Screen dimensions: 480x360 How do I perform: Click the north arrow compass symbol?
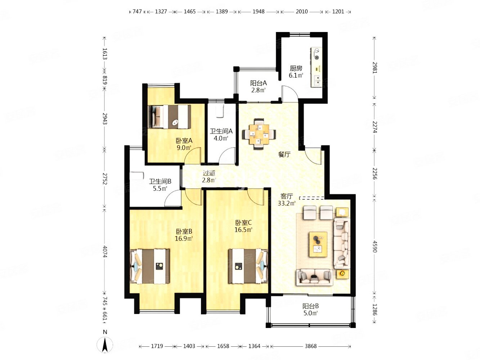[105, 345]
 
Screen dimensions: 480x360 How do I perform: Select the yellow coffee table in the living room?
[318, 244]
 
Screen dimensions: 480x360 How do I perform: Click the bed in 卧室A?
[169, 117]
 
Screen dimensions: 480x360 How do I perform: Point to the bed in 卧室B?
[150, 266]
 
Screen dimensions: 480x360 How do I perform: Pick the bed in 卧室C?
[248, 266]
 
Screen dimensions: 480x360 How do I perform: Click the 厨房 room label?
[296, 68]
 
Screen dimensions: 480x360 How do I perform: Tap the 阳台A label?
[258, 83]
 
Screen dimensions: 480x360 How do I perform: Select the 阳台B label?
[310, 306]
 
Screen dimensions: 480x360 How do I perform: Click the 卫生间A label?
[221, 131]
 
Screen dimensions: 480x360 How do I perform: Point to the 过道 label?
[209, 173]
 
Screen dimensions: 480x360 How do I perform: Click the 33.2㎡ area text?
[287, 203]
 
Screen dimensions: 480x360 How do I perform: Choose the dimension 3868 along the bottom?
[310, 346]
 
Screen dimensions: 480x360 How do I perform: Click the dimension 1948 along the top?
[259, 12]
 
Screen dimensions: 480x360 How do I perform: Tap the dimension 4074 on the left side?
[105, 251]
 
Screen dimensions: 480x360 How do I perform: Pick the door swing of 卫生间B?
[173, 198]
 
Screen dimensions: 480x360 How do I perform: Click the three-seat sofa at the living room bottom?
[314, 277]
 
